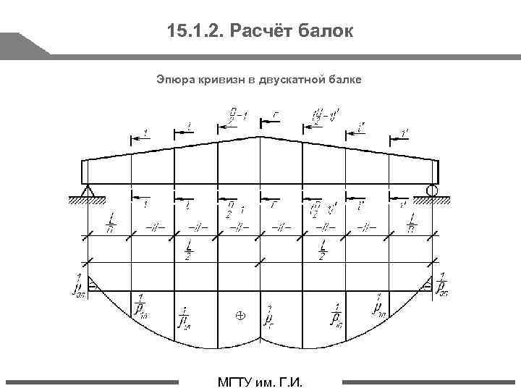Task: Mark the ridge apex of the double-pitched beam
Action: pos(260,136)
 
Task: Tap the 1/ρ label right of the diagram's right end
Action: pos(443,285)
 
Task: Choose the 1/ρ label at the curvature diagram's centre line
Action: pos(268,316)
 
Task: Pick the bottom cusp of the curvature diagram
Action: pos(260,360)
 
